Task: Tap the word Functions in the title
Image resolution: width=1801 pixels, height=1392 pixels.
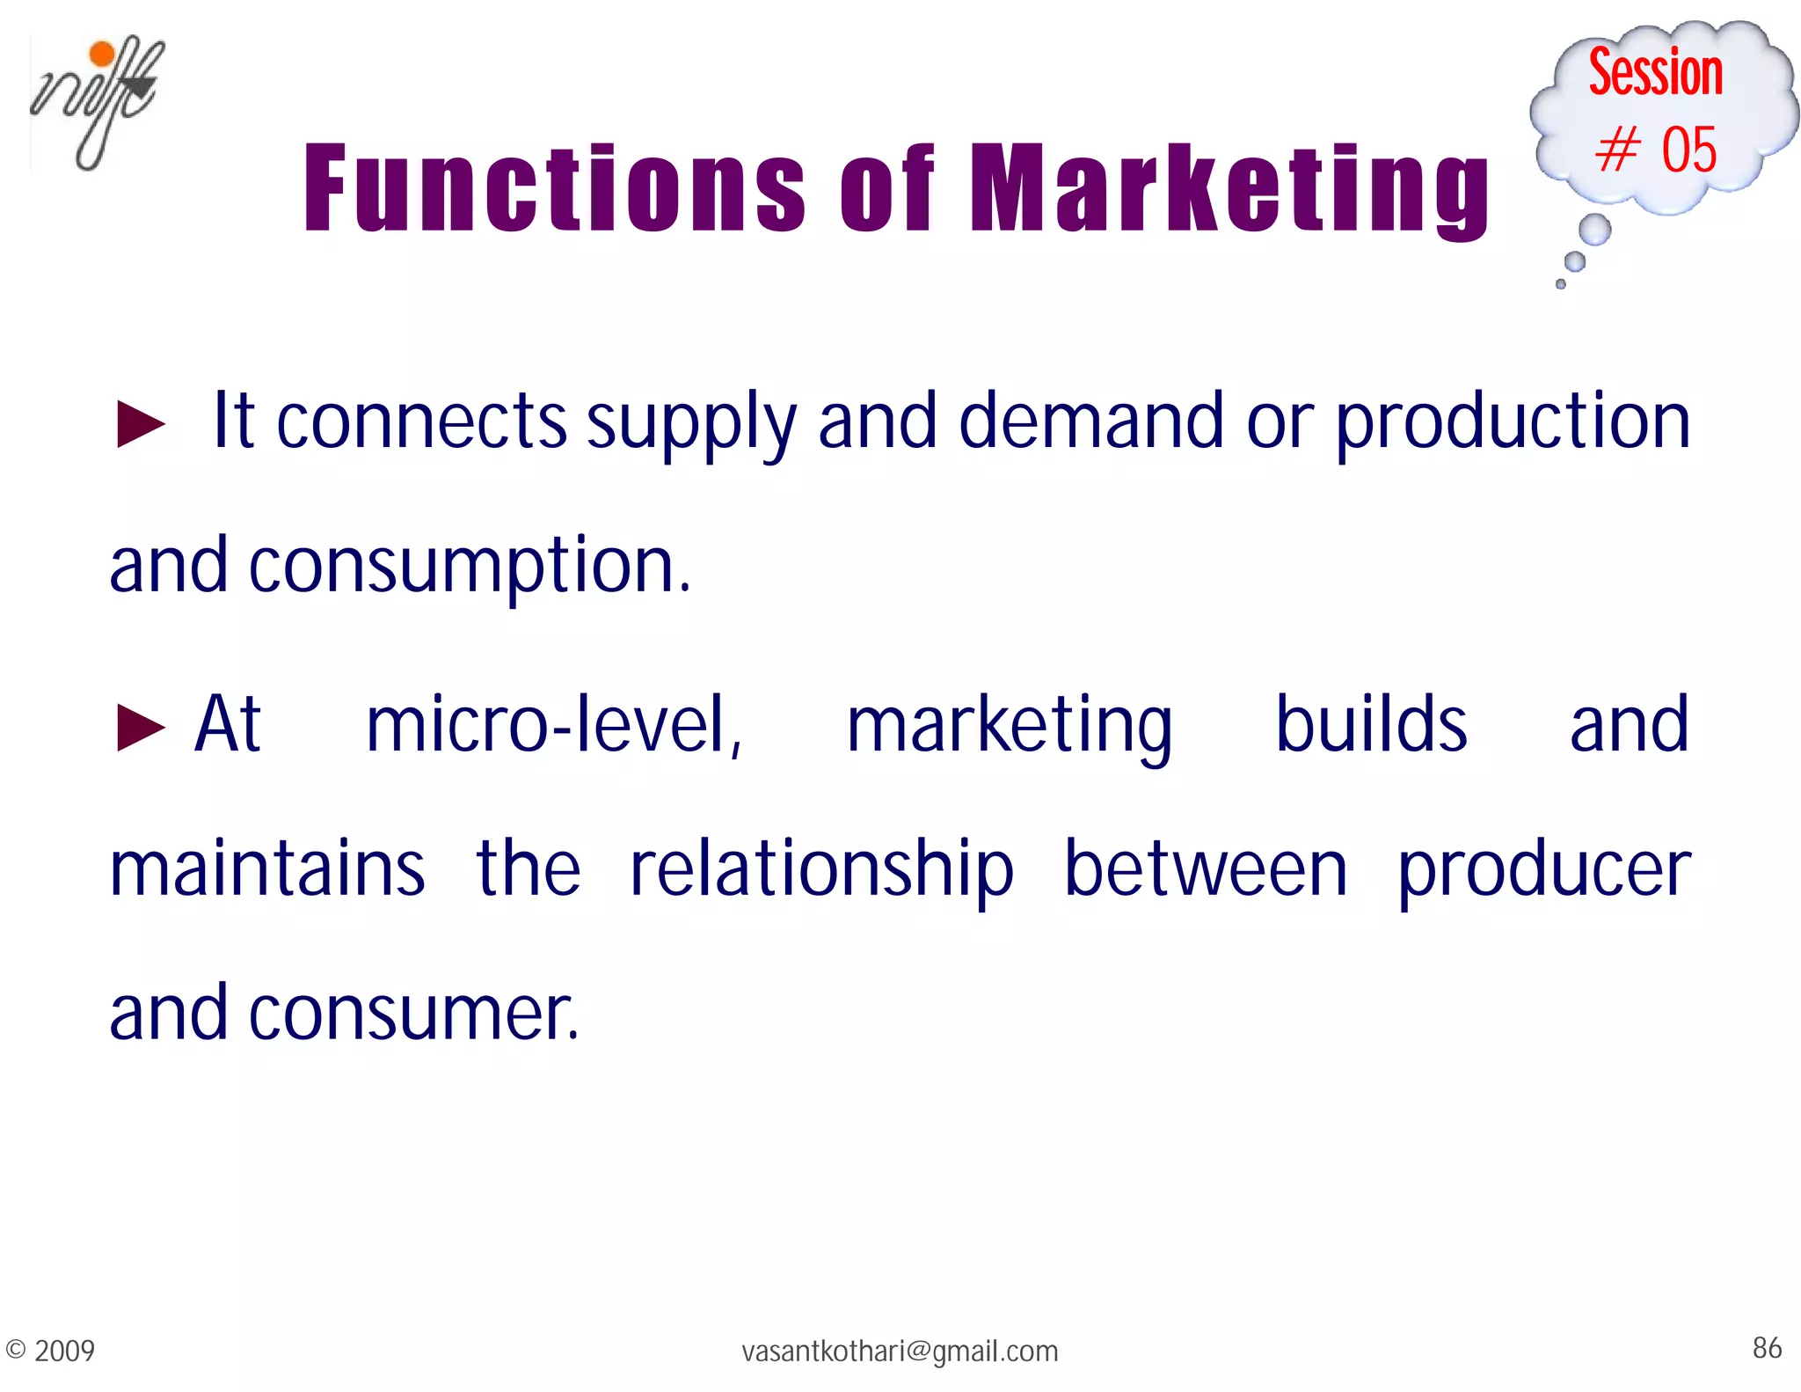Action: (x=553, y=188)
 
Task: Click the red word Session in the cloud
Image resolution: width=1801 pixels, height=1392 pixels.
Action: (x=1655, y=72)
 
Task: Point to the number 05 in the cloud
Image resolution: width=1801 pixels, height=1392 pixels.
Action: (x=1688, y=150)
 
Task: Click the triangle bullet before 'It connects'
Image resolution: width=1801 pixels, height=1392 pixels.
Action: (x=141, y=424)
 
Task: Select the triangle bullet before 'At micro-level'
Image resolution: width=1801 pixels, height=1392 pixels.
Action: (x=141, y=729)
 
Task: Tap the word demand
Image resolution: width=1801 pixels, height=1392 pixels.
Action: (x=1090, y=422)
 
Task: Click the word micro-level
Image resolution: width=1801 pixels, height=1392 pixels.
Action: (x=554, y=725)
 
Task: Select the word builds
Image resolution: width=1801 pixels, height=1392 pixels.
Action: (x=1371, y=725)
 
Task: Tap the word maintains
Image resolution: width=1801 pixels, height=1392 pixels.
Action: (x=267, y=869)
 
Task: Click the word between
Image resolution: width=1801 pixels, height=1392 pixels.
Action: (x=1205, y=869)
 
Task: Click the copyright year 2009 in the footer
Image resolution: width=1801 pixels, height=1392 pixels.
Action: (x=64, y=1351)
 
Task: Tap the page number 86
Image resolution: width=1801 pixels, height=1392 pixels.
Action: (x=1767, y=1348)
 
